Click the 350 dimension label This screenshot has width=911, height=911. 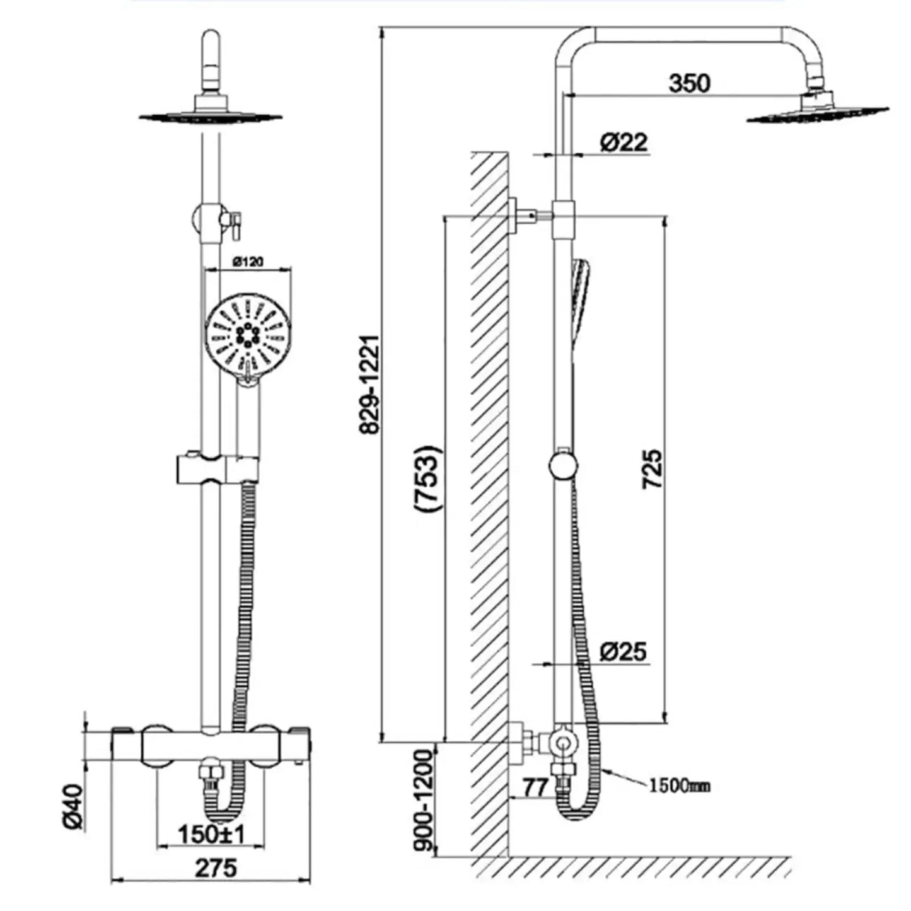point(689,83)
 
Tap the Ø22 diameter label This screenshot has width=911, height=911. point(623,142)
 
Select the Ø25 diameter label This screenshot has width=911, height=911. point(623,651)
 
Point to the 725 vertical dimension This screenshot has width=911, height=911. point(652,468)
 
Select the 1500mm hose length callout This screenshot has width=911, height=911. point(679,786)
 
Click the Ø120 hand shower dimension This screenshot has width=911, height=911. point(248,261)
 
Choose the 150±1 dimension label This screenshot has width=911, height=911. point(211,834)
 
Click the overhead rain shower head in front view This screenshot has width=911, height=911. point(211,115)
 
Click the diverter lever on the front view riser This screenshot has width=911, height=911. point(235,222)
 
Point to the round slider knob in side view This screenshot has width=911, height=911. point(562,466)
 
